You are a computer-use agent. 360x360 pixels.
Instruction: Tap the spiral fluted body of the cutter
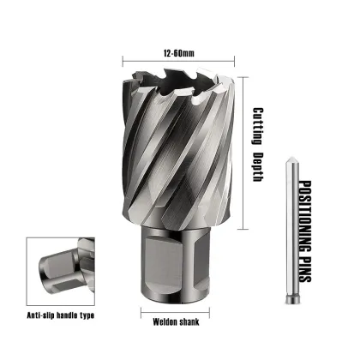(180, 163)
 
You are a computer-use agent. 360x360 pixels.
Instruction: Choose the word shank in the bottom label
(193, 322)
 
